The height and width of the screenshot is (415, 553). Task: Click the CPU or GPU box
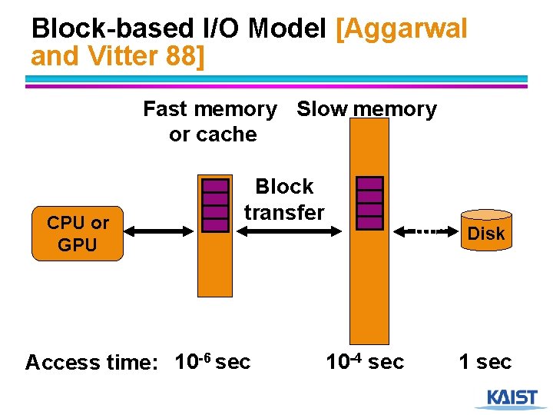pos(78,233)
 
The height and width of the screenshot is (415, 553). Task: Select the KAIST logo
pos(512,398)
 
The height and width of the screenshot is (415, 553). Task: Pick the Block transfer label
pos(284,199)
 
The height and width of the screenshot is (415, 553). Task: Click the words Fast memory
pos(210,109)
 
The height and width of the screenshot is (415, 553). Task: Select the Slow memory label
pos(366,109)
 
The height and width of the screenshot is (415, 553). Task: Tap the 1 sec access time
pos(485,361)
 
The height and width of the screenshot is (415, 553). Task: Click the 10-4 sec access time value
pos(365,361)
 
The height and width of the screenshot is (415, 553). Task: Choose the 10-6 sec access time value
pos(213,361)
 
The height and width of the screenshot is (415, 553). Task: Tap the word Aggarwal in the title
pos(402,29)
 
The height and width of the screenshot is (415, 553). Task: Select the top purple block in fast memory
pos(216,185)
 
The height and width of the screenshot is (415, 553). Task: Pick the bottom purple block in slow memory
pos(370,223)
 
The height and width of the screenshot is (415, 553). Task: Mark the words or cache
pos(213,134)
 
